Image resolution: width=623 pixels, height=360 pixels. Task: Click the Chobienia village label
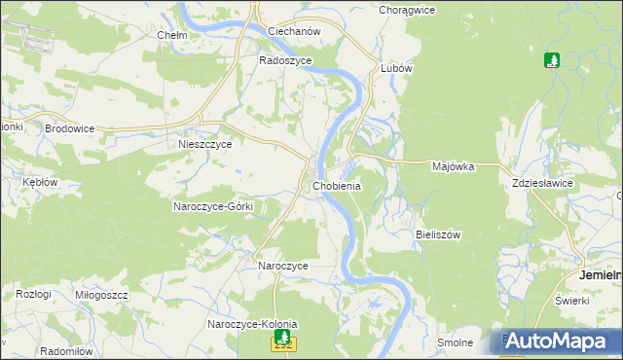coord(338,186)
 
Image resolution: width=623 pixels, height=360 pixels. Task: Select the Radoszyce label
coord(284,59)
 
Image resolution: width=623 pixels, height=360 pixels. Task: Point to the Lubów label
coord(397,69)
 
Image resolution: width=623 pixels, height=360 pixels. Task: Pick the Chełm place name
coord(172,35)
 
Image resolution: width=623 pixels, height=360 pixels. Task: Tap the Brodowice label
coord(68,127)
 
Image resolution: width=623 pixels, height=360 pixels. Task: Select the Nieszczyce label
coord(205,144)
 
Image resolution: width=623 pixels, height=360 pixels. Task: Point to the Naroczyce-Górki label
coord(213,206)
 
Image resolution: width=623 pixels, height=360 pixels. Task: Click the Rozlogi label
coord(33,294)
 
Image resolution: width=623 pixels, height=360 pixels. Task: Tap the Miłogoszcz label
coord(101,295)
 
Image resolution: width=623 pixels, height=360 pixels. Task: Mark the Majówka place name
coord(453,166)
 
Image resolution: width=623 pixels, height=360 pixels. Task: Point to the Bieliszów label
coord(437,234)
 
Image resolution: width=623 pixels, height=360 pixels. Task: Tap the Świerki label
coord(573,300)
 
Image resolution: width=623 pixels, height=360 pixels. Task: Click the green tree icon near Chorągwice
coord(552,60)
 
